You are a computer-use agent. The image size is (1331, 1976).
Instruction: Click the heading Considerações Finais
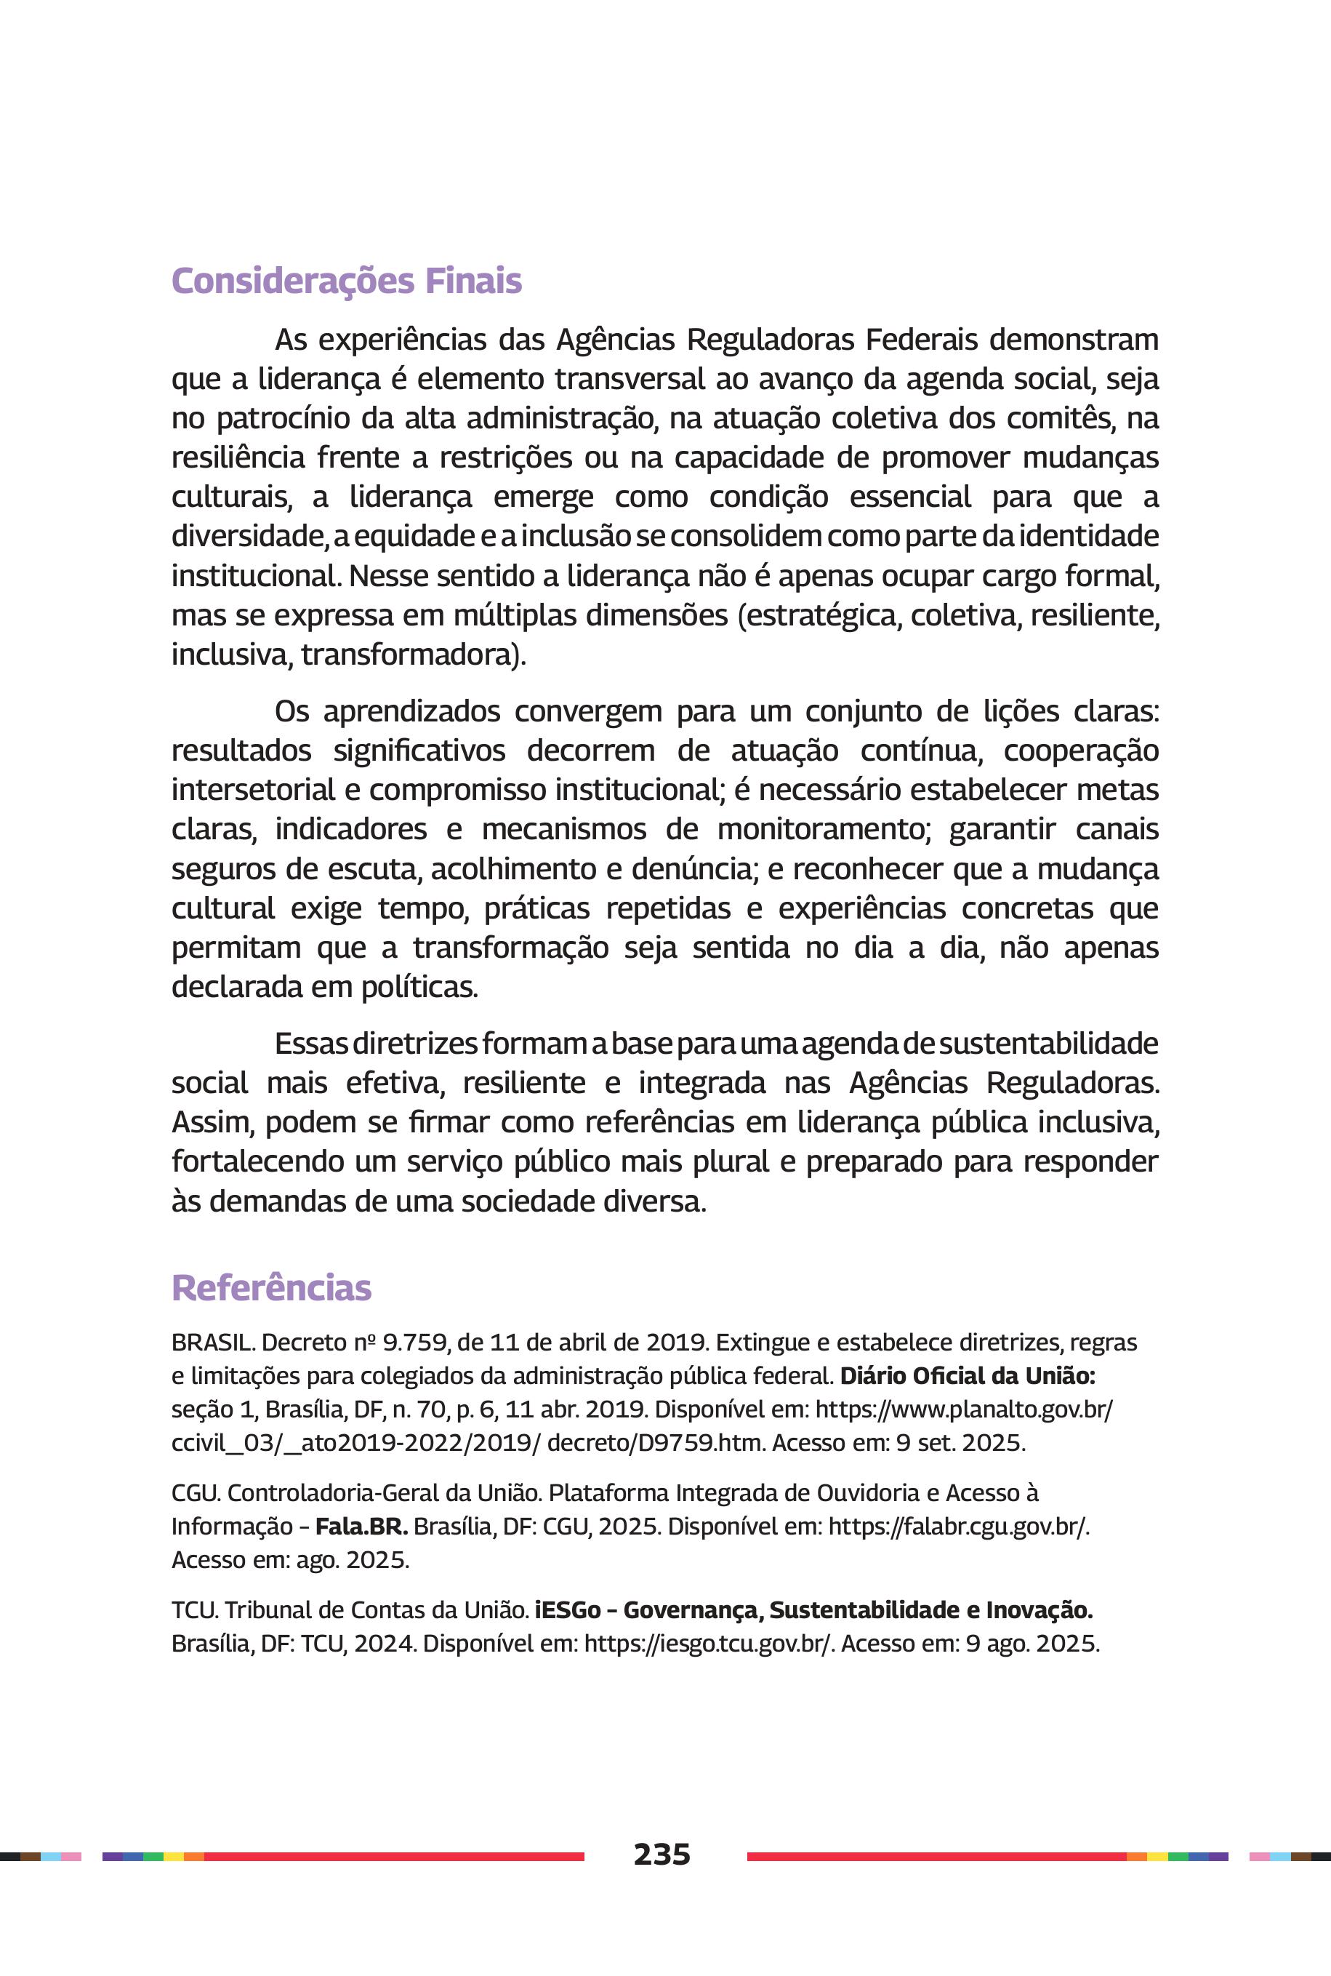pos(346,281)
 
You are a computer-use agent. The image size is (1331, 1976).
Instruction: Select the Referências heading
pos(272,1287)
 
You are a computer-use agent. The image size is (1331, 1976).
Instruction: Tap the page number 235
pos(662,1855)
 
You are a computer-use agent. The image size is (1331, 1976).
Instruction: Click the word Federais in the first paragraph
pos(921,340)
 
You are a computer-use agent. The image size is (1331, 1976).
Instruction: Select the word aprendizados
pos(411,711)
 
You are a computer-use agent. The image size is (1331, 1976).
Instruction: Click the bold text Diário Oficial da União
pos(968,1376)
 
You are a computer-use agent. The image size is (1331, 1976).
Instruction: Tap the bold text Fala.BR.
pos(361,1526)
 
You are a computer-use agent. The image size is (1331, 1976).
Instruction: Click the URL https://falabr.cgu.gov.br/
pos(958,1526)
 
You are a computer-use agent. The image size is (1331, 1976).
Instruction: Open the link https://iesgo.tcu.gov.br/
pos(709,1643)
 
